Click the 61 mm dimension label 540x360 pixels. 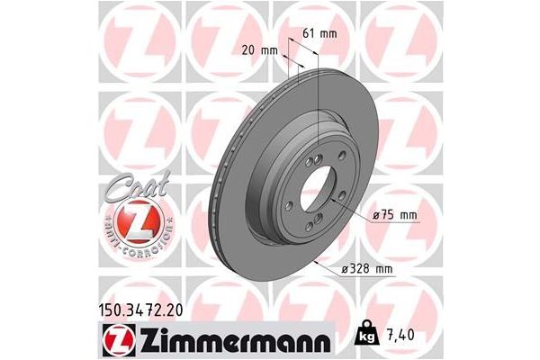[x=319, y=33]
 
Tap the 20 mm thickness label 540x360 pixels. [x=259, y=50]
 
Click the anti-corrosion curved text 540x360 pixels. [x=134, y=239]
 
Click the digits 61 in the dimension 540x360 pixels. [x=308, y=33]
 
